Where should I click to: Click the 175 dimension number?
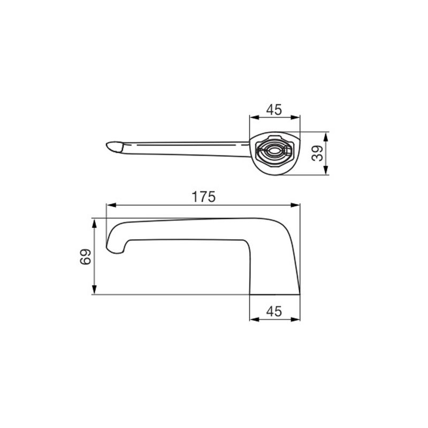(x=204, y=197)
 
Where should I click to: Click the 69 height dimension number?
(x=86, y=257)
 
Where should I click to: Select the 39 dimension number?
(x=317, y=154)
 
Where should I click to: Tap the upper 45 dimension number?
(x=274, y=110)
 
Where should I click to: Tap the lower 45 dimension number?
(x=274, y=311)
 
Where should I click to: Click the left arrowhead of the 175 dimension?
(x=111, y=205)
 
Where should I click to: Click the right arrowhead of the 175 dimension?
(x=295, y=205)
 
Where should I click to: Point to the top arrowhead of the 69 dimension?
(x=95, y=223)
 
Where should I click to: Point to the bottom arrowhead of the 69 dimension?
(x=95, y=289)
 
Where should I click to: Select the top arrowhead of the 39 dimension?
(x=326, y=137)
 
